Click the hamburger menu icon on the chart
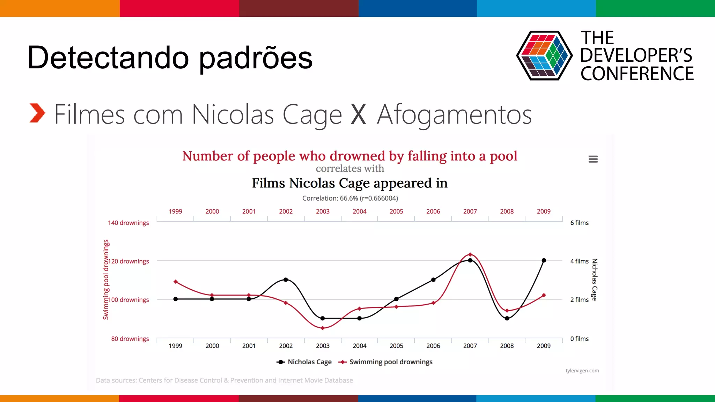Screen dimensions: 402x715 click(x=593, y=159)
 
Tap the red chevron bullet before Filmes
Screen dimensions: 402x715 click(x=37, y=113)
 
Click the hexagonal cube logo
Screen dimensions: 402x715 click(x=544, y=55)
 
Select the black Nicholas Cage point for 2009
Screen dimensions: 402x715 click(x=544, y=260)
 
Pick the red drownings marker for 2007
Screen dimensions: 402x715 click(x=470, y=254)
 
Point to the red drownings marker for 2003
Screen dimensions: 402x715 click(x=323, y=328)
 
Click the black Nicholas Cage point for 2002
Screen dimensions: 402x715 click(x=286, y=280)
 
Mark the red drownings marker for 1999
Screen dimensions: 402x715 click(x=176, y=282)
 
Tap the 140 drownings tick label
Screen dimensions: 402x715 click(x=128, y=223)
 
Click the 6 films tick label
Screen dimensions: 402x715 click(x=579, y=223)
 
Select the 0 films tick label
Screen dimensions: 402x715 click(x=579, y=338)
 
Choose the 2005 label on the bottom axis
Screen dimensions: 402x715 click(x=396, y=346)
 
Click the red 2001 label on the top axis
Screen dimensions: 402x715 click(x=249, y=211)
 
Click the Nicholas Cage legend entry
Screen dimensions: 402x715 click(x=304, y=362)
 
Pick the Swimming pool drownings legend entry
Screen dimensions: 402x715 click(x=386, y=362)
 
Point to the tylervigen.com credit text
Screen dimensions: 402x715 click(x=582, y=371)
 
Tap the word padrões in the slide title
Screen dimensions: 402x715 click(x=256, y=58)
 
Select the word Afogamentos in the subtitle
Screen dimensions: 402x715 click(x=454, y=114)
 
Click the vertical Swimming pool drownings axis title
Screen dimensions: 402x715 click(x=106, y=280)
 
